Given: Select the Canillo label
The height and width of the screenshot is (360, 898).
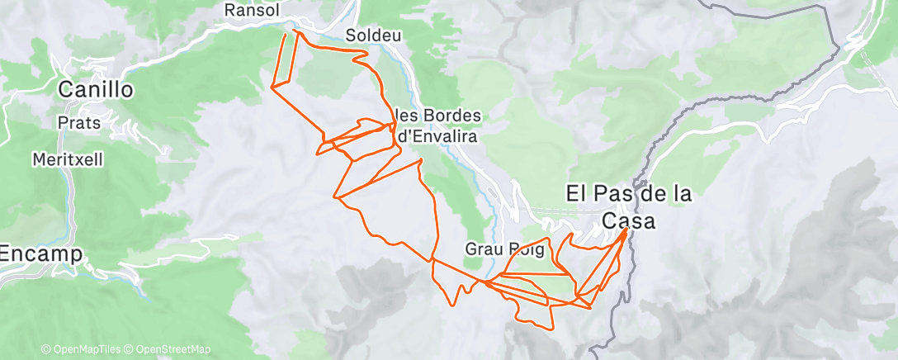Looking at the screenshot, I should tap(97, 89).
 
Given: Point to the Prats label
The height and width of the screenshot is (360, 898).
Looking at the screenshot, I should tap(79, 123).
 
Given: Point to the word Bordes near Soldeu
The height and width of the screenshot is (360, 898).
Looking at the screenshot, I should tap(450, 115).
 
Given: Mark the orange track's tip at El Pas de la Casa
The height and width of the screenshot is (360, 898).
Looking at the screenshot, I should tap(626, 230).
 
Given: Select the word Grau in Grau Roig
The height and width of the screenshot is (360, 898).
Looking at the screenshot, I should tap(482, 248).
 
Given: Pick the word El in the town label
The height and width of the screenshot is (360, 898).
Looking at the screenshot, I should tap(574, 194).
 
